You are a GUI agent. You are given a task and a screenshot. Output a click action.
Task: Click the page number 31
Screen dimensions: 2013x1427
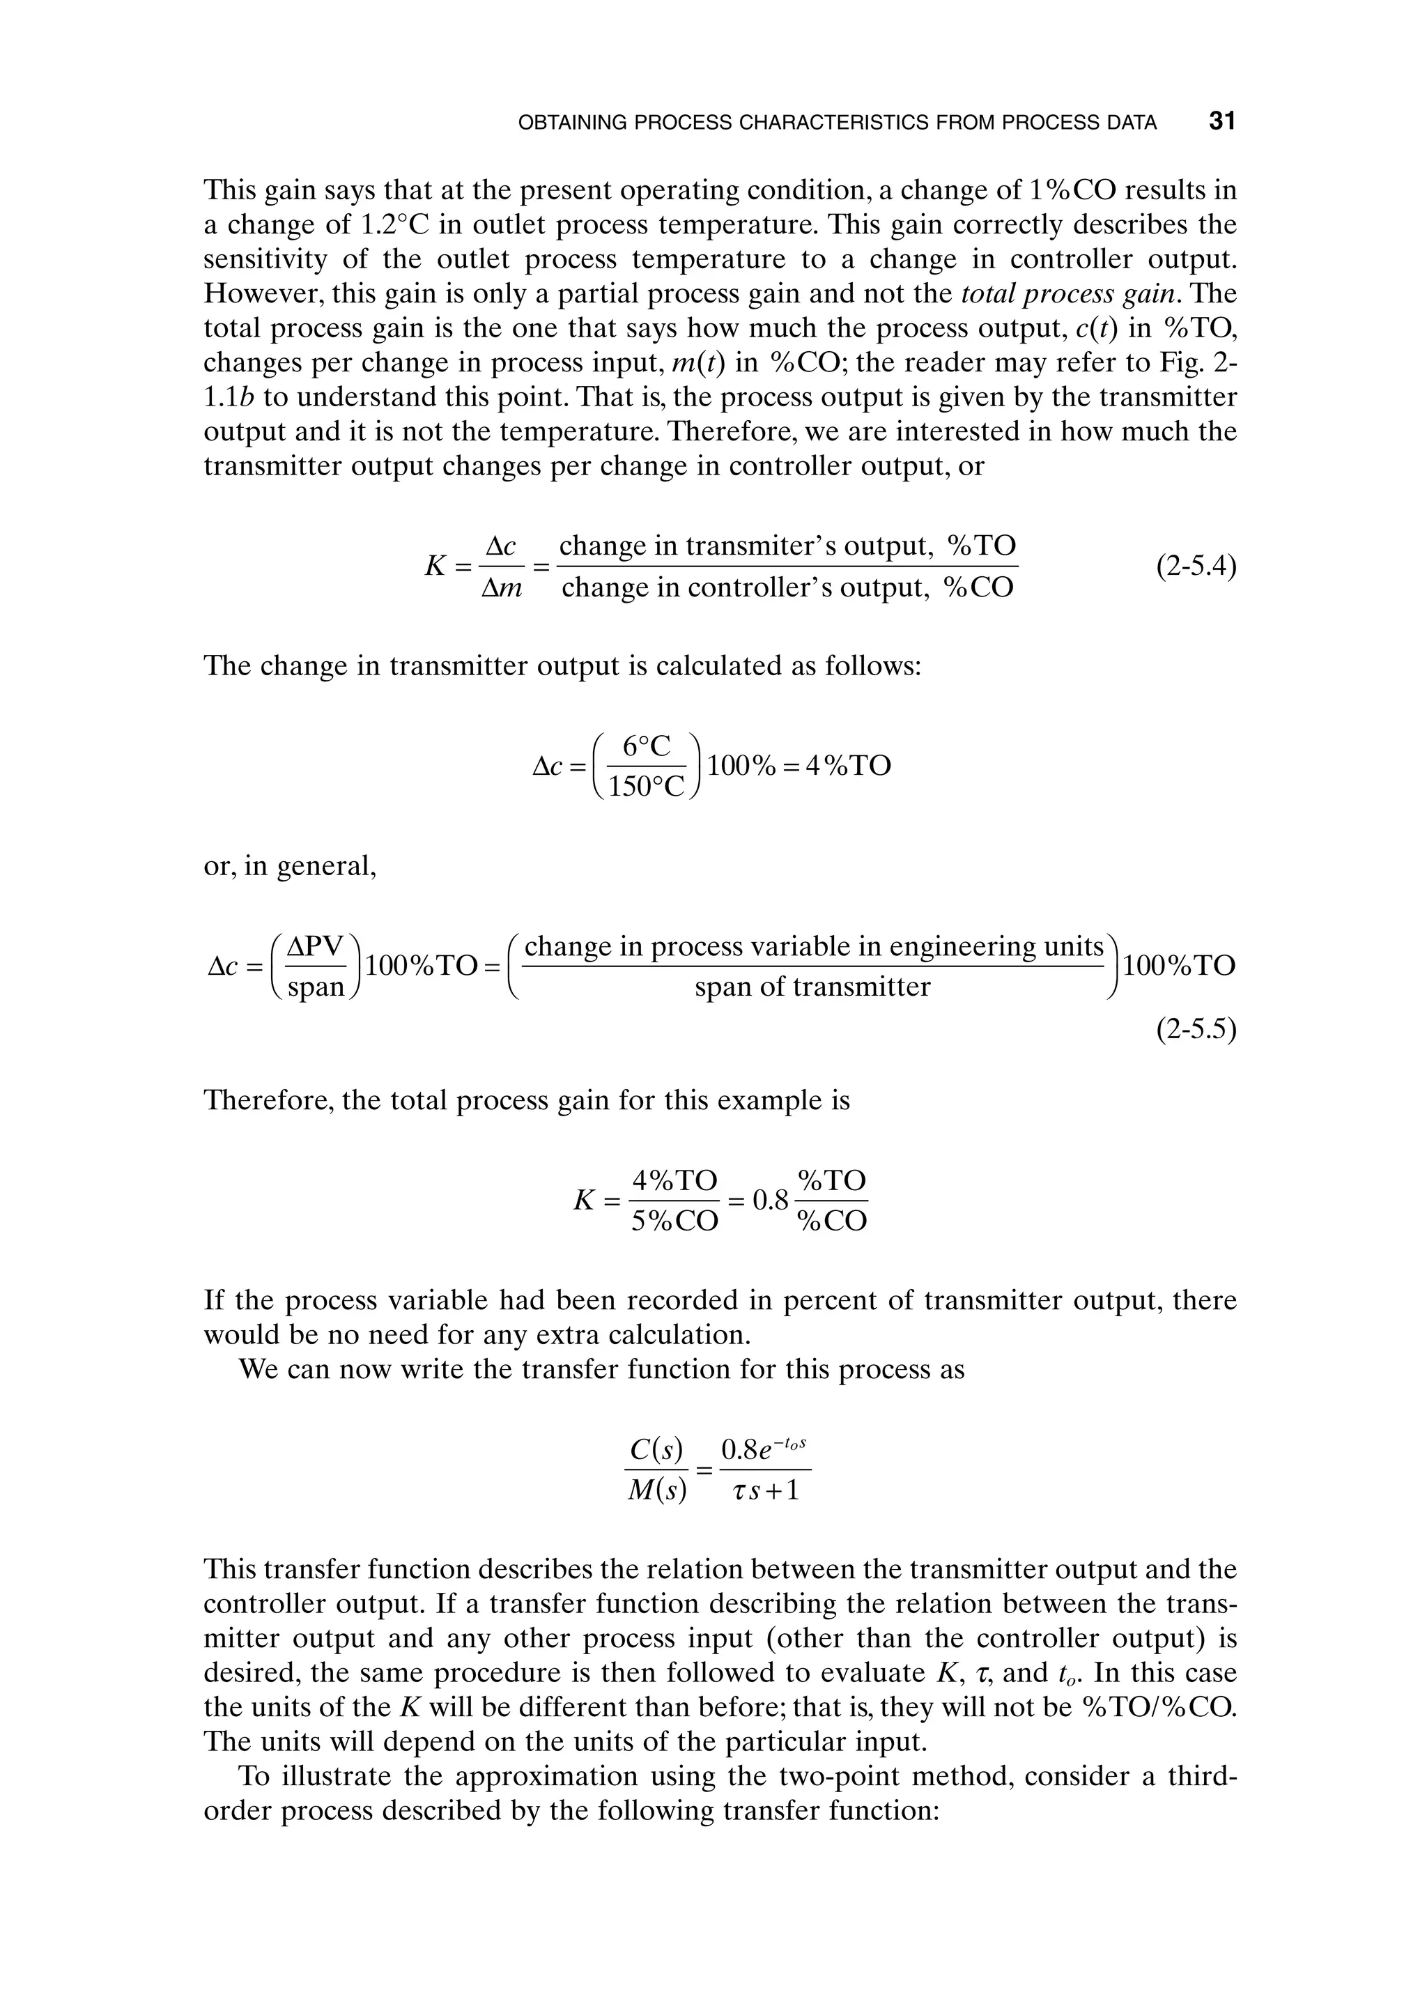(x=1222, y=121)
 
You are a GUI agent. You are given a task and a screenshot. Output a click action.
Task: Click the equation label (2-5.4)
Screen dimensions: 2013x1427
(x=1196, y=566)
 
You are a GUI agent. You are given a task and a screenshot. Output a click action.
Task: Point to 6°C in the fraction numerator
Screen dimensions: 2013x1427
(x=646, y=747)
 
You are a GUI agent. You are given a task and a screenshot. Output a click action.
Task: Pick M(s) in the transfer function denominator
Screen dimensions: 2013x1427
(x=656, y=1491)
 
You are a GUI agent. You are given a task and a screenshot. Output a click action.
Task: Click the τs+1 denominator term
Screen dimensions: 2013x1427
(x=765, y=1491)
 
